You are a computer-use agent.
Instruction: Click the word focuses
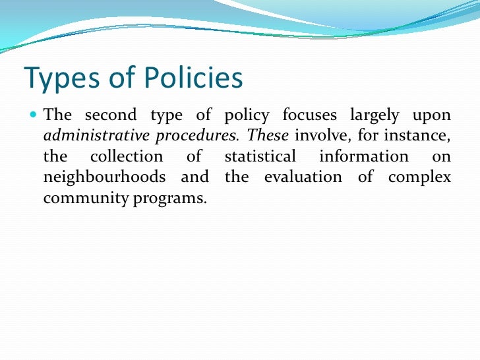click(309, 115)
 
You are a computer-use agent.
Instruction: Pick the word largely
click(375, 116)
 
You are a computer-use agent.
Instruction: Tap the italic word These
click(268, 136)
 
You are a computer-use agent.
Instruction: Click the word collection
click(126, 157)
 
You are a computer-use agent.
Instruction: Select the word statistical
click(260, 157)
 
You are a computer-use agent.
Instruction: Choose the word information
click(363, 157)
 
